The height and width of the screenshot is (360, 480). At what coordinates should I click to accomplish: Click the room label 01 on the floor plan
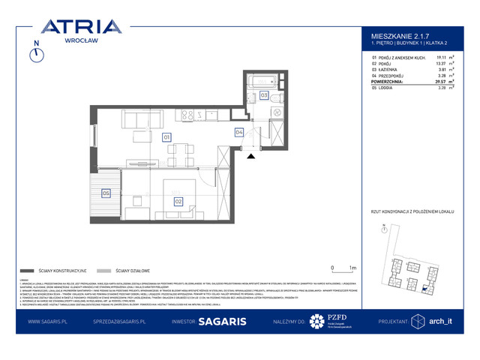click(x=166, y=136)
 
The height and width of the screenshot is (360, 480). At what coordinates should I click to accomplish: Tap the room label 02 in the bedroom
click(x=178, y=200)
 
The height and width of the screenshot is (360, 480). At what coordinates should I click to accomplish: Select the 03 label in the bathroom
click(x=264, y=95)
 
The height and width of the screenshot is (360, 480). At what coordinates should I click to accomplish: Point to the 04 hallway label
click(x=239, y=133)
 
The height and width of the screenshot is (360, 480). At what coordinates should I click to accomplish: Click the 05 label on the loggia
click(x=106, y=193)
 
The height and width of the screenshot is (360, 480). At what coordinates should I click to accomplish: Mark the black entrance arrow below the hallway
click(x=251, y=155)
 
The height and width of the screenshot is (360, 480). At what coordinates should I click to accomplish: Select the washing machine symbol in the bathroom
click(x=276, y=112)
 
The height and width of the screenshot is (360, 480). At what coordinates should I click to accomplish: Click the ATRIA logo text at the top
click(x=81, y=28)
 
